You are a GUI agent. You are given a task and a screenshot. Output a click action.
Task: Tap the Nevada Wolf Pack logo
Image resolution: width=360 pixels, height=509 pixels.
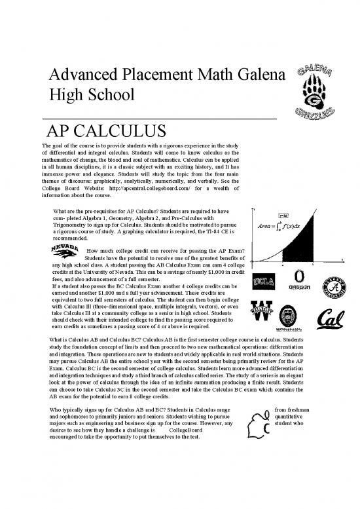[x=65, y=253]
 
